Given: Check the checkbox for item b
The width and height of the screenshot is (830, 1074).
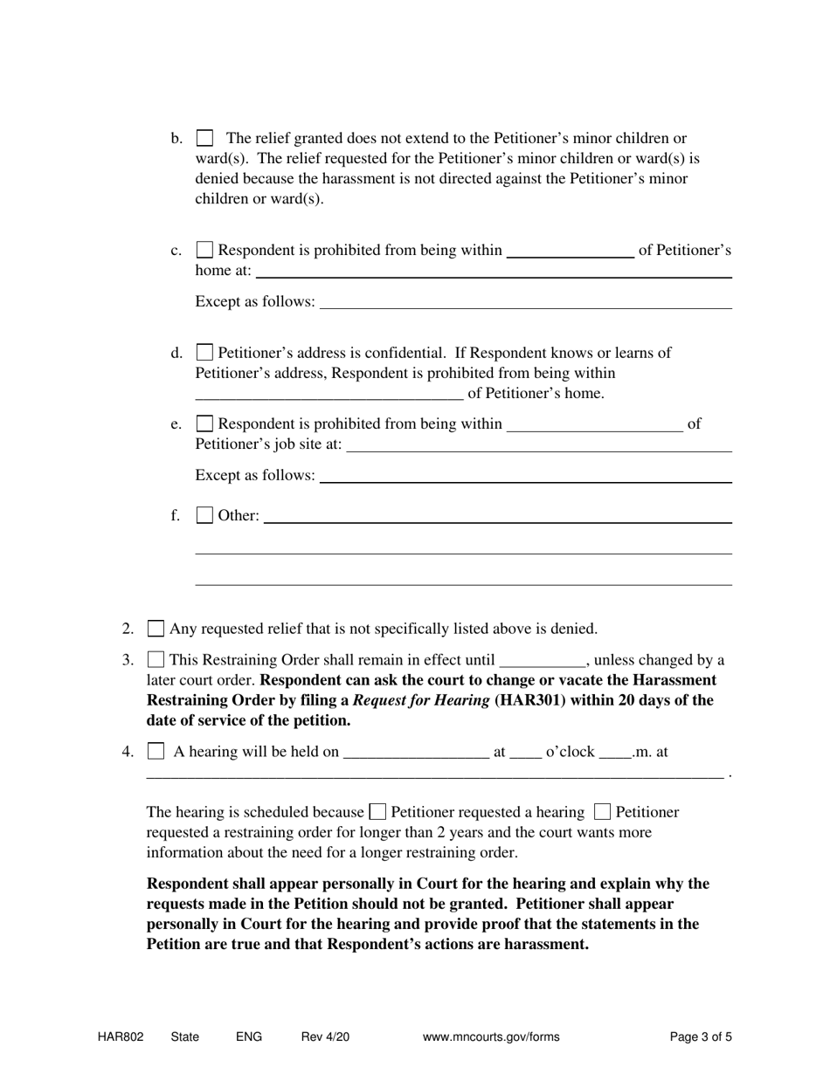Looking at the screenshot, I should click(204, 138).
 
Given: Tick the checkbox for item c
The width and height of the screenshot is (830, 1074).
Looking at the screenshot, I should click(204, 251).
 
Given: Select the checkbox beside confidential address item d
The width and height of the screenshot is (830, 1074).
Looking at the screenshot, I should click(204, 353).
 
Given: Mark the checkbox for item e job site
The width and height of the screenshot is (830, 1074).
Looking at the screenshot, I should click(204, 424).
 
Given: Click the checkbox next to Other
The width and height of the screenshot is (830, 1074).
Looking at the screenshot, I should click(204, 516).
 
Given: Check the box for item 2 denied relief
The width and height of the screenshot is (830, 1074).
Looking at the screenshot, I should click(156, 629).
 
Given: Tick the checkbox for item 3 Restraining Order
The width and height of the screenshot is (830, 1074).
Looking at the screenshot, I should click(156, 660).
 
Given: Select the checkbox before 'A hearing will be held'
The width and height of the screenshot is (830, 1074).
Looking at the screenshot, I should click(156, 751).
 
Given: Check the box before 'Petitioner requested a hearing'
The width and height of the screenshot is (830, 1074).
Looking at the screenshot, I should click(378, 812).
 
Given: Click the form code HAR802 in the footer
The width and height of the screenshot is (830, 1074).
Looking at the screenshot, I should click(121, 1037).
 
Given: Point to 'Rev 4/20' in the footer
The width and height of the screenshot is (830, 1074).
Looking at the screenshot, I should click(325, 1037).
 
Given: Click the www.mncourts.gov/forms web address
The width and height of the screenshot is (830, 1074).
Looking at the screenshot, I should click(491, 1037).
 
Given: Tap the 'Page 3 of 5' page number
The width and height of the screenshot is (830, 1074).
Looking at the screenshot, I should click(701, 1037).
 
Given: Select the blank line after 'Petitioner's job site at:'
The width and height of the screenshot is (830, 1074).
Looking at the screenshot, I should click(539, 446).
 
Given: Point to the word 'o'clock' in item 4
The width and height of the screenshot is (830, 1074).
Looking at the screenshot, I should click(570, 752).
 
